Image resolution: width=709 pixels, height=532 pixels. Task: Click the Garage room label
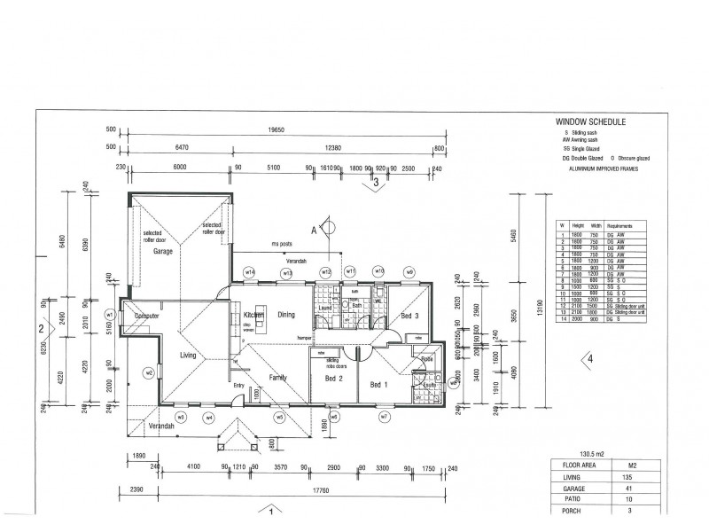point(162,251)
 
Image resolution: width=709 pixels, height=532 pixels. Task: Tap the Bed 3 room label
point(409,316)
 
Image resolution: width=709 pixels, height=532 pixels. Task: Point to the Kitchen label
point(243,315)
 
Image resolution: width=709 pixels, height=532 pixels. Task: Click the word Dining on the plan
point(286,315)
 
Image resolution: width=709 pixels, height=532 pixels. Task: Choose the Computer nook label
point(146,316)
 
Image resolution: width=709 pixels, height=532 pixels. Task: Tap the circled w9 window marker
point(409,271)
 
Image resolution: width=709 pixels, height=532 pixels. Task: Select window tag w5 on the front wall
point(279,417)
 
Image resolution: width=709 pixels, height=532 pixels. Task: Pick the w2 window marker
point(150,372)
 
